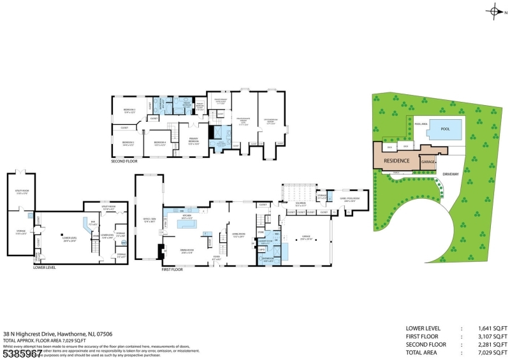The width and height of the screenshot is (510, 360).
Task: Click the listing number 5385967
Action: click(23, 352)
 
